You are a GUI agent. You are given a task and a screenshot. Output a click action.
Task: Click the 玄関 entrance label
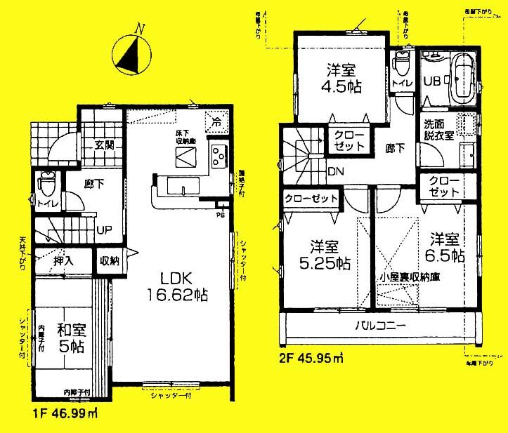[x=105, y=146]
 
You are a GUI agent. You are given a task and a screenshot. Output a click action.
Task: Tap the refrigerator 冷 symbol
[x=215, y=120]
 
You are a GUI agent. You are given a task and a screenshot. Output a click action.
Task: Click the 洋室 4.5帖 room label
[x=342, y=78]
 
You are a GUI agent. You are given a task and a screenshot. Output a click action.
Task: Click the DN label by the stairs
[x=335, y=171]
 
